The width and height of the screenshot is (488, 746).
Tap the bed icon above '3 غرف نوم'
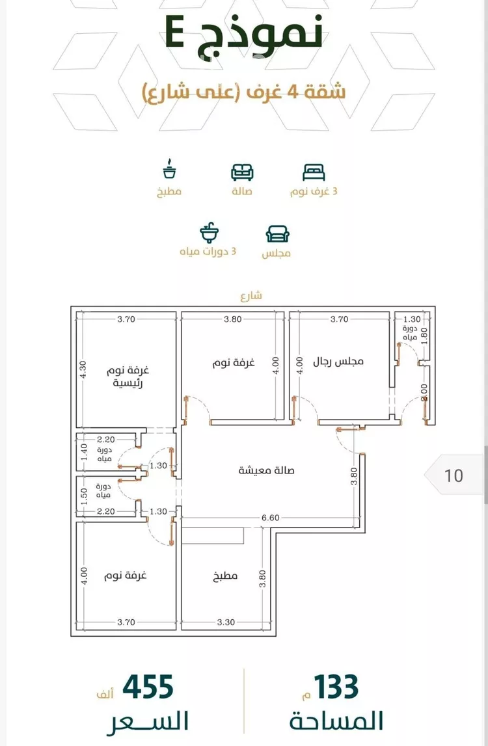coord(314,172)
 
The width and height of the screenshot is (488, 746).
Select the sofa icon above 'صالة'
coord(242,172)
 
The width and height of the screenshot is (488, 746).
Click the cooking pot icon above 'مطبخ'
coord(169,169)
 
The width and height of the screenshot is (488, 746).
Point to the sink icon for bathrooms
coord(209,232)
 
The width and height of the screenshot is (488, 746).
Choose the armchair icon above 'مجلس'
coord(277,234)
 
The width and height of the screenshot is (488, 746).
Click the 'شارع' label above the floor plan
coord(251,296)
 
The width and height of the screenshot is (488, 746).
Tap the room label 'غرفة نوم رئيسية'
coord(128,377)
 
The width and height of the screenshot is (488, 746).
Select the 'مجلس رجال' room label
coord(338,362)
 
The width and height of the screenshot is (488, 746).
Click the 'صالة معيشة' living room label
coord(266,470)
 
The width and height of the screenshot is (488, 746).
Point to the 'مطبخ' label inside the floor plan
coord(225,576)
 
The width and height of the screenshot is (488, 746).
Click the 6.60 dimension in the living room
coord(271,518)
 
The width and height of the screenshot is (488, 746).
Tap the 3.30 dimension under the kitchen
coord(226,622)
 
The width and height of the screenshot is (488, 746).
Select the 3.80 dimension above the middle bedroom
coord(233,319)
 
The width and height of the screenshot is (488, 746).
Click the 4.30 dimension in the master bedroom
coord(83,369)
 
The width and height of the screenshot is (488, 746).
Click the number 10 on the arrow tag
coord(454,475)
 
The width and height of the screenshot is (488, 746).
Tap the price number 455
coord(148,687)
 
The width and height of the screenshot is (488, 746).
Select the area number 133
coord(336,687)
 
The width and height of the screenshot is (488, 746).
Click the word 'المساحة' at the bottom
coord(336,721)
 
